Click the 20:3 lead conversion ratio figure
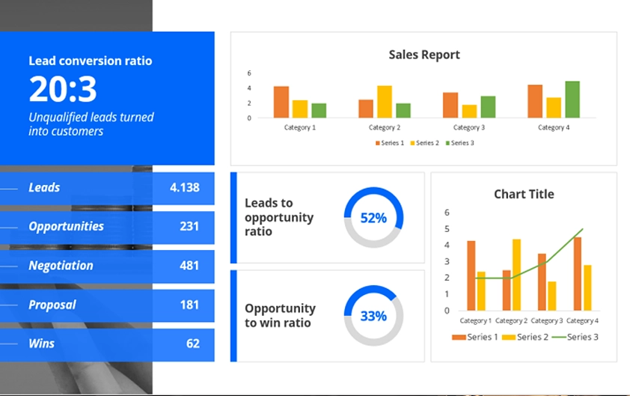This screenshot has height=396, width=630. tap(63, 89)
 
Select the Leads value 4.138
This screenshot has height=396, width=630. tap(184, 188)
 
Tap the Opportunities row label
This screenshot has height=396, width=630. tap(66, 227)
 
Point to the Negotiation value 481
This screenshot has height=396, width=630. tap(189, 266)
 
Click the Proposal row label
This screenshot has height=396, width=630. tap(52, 305)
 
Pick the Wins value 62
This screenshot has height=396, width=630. tap(193, 344)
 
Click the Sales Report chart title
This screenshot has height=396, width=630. tap(424, 55)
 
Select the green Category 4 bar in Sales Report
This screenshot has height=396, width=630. tap(572, 100)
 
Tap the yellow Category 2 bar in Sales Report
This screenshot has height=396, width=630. tap(385, 102)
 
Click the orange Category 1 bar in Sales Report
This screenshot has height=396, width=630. tap(281, 102)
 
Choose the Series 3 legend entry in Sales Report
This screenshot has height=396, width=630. tap(459, 143)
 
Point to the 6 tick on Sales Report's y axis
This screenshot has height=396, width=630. tap(249, 73)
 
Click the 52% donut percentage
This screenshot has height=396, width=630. tap(373, 218)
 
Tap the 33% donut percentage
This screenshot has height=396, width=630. tap(373, 316)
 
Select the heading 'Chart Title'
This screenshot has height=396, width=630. tap(524, 195)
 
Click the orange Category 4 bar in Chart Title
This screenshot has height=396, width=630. tap(578, 273)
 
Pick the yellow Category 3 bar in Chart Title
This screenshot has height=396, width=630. tap(551, 296)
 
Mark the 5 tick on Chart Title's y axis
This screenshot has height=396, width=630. tap(447, 229)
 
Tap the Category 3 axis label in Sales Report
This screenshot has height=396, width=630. tap(469, 128)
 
